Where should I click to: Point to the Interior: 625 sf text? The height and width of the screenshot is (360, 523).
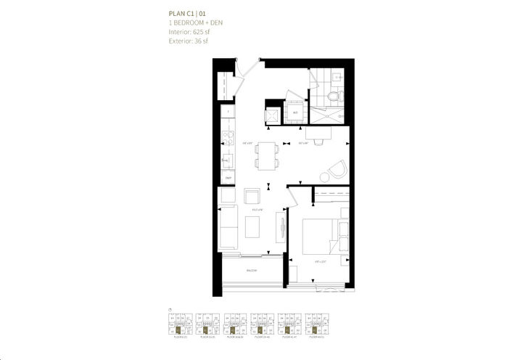192,32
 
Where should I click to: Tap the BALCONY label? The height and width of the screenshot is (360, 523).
251,270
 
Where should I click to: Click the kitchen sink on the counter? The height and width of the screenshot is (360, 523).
226,160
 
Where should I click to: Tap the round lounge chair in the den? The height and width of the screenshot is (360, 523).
335,171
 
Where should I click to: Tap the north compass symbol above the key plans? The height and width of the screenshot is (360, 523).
169,308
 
